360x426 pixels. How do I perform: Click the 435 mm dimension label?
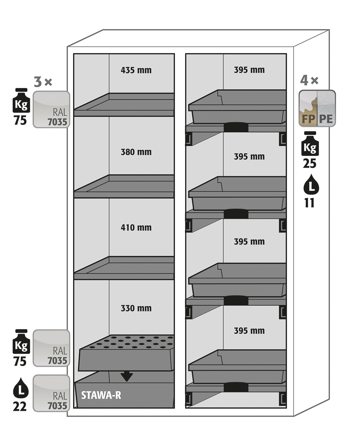click(136, 70)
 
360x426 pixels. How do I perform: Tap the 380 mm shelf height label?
click(136, 152)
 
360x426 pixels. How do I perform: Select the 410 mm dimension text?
click(136, 228)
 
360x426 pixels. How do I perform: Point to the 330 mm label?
click(136, 308)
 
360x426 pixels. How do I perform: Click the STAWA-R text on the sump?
click(101, 395)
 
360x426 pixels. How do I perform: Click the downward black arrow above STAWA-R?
click(126, 376)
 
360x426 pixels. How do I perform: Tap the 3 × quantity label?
click(43, 82)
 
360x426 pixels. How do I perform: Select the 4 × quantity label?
click(309, 80)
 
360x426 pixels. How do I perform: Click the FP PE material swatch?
click(317, 109)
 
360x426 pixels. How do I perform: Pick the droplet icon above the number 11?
click(311, 184)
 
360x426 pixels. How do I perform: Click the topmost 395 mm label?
click(249, 70)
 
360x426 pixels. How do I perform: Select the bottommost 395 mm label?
click(249, 331)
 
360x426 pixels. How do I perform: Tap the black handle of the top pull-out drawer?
click(236, 127)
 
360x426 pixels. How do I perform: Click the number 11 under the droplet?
click(309, 203)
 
